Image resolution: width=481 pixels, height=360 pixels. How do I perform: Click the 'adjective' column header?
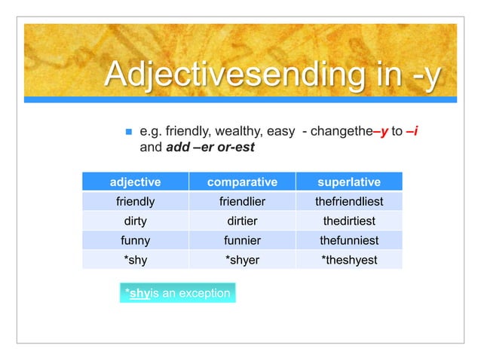[x=136, y=182]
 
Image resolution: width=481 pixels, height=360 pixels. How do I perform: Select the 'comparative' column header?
[x=242, y=182]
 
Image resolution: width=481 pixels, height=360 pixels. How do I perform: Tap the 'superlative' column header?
[x=348, y=182]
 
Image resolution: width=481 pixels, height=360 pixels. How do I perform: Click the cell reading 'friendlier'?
[x=242, y=202]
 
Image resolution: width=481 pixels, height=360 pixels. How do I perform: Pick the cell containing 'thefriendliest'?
[x=348, y=202]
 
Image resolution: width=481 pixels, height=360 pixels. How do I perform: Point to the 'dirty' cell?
[x=136, y=221]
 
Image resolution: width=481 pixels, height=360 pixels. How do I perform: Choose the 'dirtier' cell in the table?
[x=242, y=221]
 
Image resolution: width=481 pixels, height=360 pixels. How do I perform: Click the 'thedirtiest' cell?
[x=348, y=221]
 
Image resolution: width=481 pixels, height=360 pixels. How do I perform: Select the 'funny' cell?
[x=136, y=241]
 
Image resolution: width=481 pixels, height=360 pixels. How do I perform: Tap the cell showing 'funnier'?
[x=242, y=241]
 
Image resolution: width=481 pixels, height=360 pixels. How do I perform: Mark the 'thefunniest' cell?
[x=348, y=241]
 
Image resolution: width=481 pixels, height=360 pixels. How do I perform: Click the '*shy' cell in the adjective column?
[x=136, y=261]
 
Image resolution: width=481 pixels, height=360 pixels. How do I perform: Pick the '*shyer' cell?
[x=242, y=261]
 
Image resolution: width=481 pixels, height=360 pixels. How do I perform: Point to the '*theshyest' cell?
[x=348, y=261]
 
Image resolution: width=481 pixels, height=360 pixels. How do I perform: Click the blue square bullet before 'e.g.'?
[x=128, y=133]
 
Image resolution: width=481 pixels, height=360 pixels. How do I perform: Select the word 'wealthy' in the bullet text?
[x=229, y=132]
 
